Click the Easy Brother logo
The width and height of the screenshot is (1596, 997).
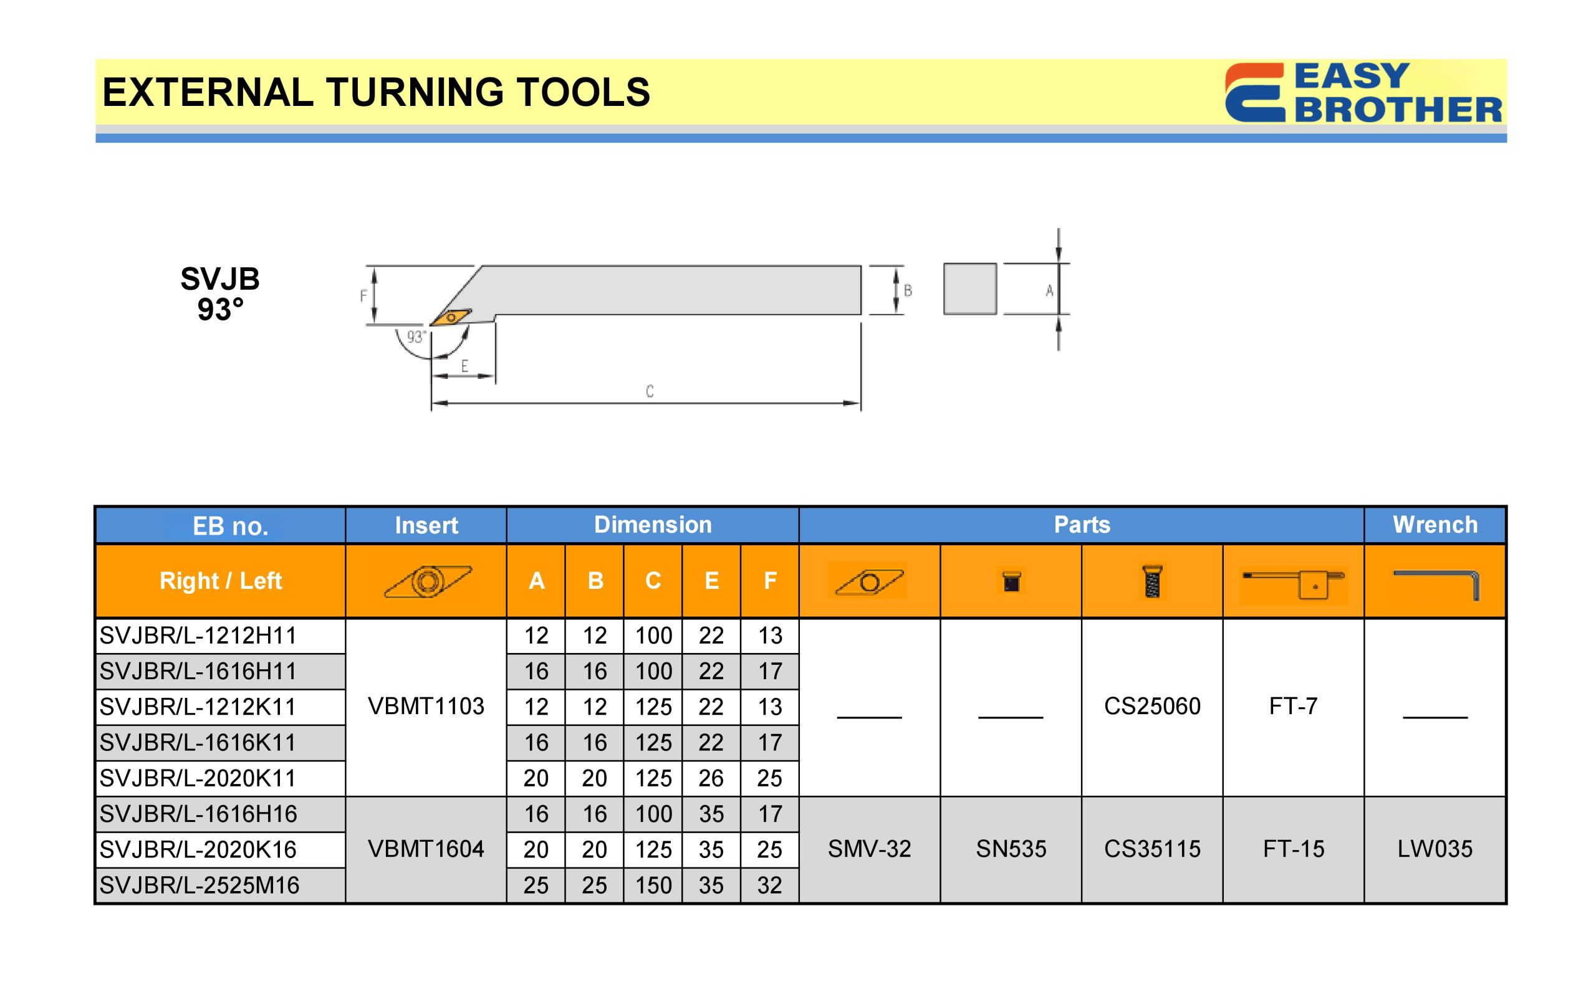click(x=1363, y=92)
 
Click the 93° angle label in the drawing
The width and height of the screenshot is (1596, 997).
click(x=415, y=337)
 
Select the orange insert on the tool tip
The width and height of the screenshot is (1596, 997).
click(x=451, y=317)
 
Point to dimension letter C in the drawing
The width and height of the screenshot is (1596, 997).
click(x=650, y=391)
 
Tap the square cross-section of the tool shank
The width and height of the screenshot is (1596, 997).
click(x=969, y=289)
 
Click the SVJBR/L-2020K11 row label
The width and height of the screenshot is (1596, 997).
click(x=198, y=778)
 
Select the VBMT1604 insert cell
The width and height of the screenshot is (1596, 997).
click(x=426, y=849)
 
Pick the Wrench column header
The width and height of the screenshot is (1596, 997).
click(x=1435, y=525)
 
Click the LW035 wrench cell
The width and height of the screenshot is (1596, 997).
click(x=1435, y=849)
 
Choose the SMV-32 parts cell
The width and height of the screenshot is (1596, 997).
click(x=869, y=849)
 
